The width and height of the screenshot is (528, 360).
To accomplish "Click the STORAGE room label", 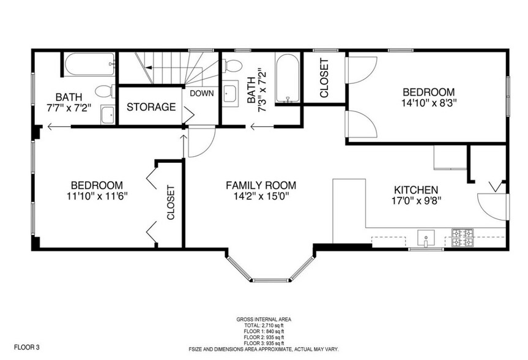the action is click(x=151, y=107).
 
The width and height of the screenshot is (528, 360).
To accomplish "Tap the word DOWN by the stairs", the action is click(x=202, y=94).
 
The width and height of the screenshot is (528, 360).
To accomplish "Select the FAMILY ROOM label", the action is click(x=261, y=186).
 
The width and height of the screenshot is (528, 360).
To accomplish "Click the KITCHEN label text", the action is click(x=416, y=190).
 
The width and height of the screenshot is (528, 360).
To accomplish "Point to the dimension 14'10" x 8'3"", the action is click(x=429, y=103).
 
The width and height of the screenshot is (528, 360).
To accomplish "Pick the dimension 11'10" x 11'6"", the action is click(x=97, y=196).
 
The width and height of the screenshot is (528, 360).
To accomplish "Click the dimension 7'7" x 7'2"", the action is click(x=69, y=108).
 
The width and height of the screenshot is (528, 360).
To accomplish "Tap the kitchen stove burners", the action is click(x=463, y=238).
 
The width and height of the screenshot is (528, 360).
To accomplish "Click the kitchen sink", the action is click(x=426, y=238).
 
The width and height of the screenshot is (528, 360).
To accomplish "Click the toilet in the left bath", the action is click(x=105, y=91).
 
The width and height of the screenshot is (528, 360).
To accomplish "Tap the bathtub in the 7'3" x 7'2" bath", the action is click(x=287, y=78).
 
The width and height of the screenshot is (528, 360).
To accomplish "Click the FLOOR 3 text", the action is click(x=26, y=347).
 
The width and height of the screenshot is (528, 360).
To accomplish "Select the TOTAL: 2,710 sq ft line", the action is click(x=264, y=326).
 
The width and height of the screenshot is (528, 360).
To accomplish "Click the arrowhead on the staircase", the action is click(x=149, y=67).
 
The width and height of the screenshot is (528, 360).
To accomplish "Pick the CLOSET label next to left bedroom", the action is click(x=171, y=203).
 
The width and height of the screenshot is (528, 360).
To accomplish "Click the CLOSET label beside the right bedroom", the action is click(x=324, y=78).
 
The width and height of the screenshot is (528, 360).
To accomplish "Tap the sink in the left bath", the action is click(x=108, y=114).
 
